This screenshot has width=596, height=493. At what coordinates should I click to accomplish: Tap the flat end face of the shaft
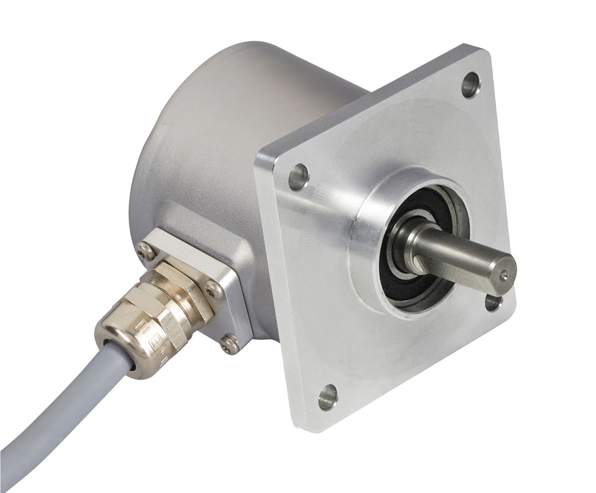coord(502,272)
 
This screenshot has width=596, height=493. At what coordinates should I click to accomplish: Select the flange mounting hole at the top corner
coord(470,85)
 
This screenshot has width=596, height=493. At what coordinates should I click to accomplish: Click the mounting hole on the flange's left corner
coord(298,177)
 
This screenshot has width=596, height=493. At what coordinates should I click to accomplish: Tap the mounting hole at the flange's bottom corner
coord(328,397)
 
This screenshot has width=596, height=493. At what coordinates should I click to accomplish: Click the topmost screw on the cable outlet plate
coord(147,253)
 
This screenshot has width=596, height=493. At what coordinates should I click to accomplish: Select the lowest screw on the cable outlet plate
coord(229,344)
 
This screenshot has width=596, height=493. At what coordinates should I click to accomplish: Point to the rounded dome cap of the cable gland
coord(117,347)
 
